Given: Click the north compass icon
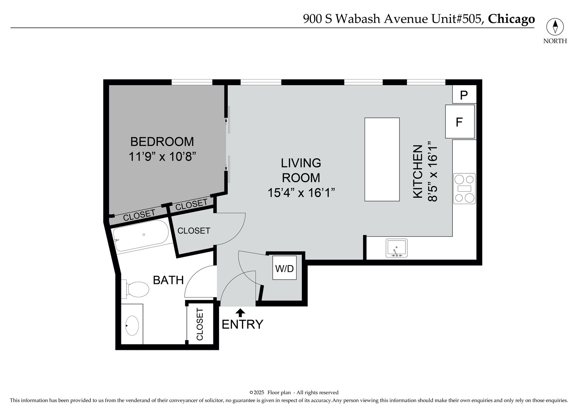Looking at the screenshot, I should click(555, 27).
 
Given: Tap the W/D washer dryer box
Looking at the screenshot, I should click(284, 268).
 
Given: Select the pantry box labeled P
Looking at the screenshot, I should click(464, 95).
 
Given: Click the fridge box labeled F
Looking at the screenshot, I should click(460, 122).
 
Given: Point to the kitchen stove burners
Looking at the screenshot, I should click(464, 189).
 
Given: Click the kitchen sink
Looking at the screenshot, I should click(396, 248).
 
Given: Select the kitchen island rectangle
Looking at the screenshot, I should click(382, 159).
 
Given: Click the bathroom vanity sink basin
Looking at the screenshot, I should click(132, 325).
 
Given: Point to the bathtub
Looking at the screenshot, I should click(141, 236).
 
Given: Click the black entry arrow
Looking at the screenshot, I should click(240, 312).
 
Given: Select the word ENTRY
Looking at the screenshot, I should click(242, 325).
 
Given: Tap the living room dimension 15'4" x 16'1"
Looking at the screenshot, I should click(301, 193).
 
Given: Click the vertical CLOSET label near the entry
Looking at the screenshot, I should click(200, 324).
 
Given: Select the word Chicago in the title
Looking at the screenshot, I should click(511, 19).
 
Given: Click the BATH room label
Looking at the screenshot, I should click(168, 280).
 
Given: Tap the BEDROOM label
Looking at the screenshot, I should click(162, 142).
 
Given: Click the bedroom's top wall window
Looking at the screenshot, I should click(192, 82).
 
